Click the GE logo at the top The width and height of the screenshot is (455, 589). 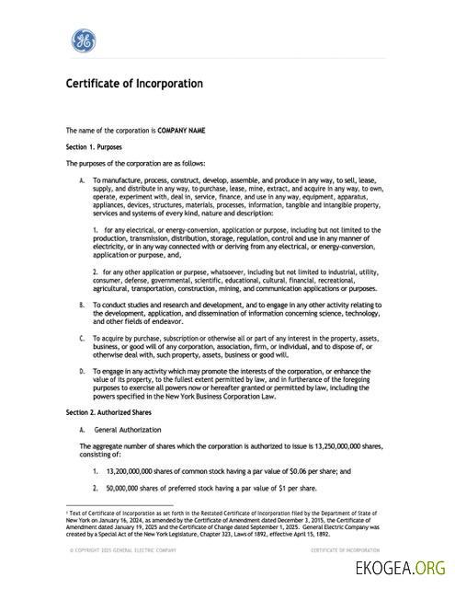84,40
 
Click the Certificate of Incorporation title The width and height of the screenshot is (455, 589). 133,84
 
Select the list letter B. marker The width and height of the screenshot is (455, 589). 83,305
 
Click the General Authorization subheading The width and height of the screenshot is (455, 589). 124,429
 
